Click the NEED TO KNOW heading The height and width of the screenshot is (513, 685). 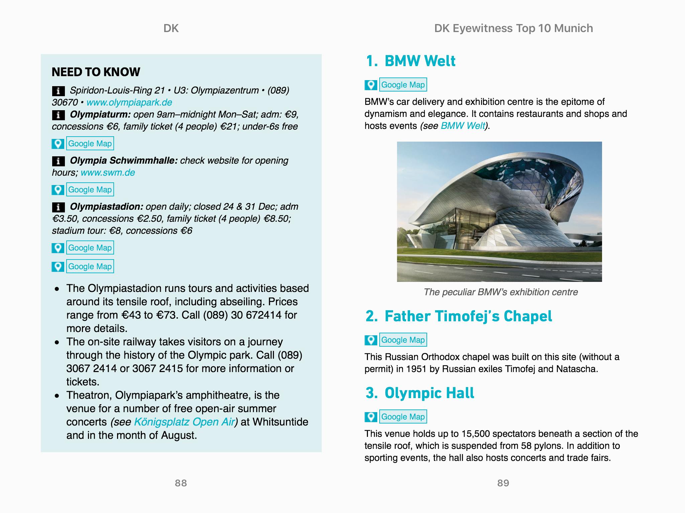coord(96,72)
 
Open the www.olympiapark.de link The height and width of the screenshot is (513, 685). coord(129,103)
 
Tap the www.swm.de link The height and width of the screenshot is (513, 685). coord(108,173)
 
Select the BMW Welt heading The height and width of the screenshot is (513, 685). coord(420,61)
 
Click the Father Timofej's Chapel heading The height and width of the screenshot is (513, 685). coord(468,316)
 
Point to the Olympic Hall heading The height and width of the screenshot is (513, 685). coord(429,393)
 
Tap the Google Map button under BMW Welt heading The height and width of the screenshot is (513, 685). coord(403,85)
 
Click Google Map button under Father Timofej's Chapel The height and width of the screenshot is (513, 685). coord(403,340)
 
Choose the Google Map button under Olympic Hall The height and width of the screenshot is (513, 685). coord(403,417)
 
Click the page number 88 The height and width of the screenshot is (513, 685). coord(181,483)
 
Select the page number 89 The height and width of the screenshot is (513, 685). coord(503,483)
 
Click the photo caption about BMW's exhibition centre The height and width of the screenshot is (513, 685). coord(500,292)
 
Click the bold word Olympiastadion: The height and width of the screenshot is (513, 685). coord(106,207)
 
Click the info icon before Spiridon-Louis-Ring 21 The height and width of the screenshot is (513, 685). coord(58,91)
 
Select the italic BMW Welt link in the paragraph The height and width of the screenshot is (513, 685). coord(463,126)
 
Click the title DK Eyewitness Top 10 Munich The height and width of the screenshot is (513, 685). coord(513,28)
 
